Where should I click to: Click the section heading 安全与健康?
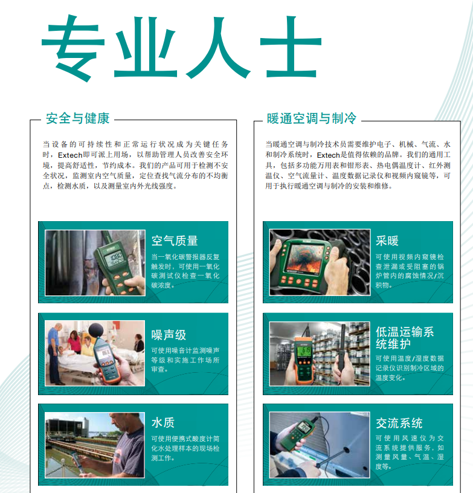(x=78, y=118)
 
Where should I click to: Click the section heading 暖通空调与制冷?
(x=312, y=118)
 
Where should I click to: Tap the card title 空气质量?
(x=175, y=241)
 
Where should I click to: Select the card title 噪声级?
(x=169, y=335)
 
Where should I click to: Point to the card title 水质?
(x=162, y=422)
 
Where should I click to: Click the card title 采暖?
(x=387, y=241)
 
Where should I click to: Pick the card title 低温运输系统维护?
(x=405, y=338)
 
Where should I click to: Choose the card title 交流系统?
(x=399, y=423)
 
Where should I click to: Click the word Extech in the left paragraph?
(x=70, y=155)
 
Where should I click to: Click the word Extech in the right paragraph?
(x=329, y=155)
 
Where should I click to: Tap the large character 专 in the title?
(x=73, y=47)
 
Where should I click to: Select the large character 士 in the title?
(x=291, y=47)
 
